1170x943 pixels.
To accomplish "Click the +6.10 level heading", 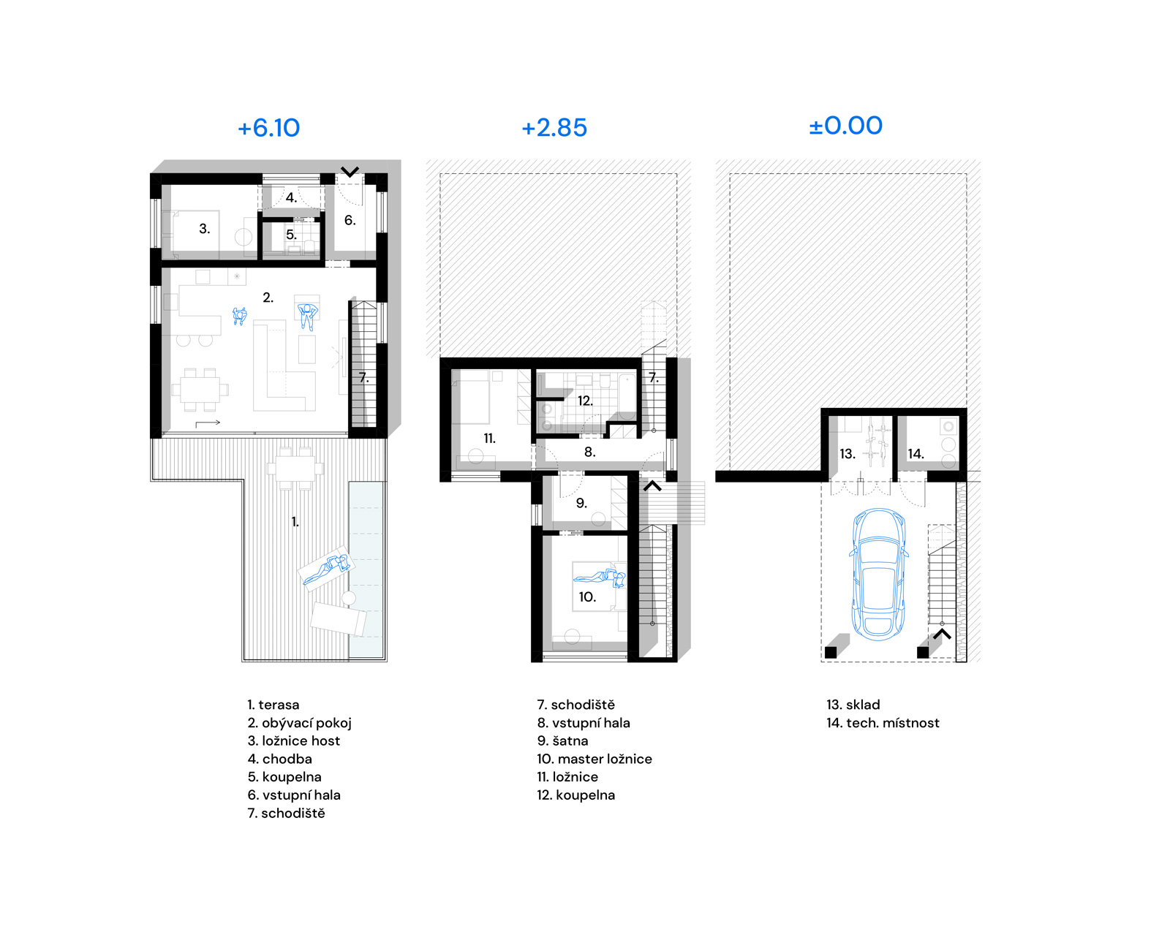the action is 268,128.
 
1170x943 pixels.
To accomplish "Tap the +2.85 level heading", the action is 554,128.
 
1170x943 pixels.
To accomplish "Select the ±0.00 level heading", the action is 845,126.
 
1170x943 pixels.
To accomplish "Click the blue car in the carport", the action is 878,575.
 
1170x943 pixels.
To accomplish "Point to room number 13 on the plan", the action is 847,453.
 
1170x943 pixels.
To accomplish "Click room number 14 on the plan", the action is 916,453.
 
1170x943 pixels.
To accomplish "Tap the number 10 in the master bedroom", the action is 587,597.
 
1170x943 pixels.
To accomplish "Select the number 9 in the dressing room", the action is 581,503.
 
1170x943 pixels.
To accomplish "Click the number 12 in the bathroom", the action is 585,401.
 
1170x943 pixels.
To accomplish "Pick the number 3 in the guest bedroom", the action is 205,229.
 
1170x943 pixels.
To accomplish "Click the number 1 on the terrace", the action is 295,522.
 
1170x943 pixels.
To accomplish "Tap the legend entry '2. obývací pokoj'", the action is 300,723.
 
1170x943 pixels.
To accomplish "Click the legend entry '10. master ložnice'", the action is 595,759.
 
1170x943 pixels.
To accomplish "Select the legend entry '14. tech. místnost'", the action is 883,723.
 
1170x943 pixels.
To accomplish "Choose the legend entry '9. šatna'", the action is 563,741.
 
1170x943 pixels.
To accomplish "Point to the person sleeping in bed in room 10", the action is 600,577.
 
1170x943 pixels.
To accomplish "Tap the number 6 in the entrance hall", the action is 350,220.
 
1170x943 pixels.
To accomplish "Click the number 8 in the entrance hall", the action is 589,452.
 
